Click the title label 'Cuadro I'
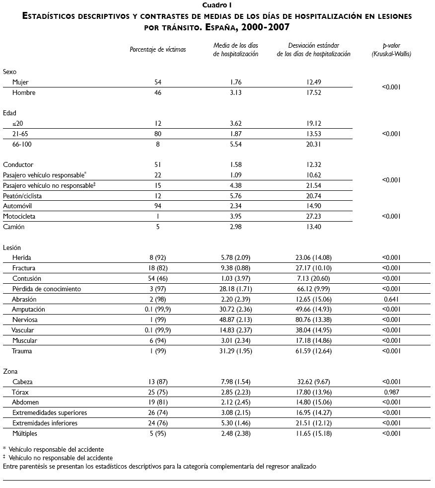click(217, 5)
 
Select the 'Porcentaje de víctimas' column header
click(157, 50)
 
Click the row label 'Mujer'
click(21, 82)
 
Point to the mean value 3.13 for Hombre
click(236, 92)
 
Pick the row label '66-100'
click(23, 144)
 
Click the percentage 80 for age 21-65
click(158, 134)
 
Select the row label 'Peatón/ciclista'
click(22, 196)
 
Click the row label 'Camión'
click(13, 227)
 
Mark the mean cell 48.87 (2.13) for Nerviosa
click(236, 320)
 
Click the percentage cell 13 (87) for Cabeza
click(158, 382)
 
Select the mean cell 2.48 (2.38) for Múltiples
click(236, 434)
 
